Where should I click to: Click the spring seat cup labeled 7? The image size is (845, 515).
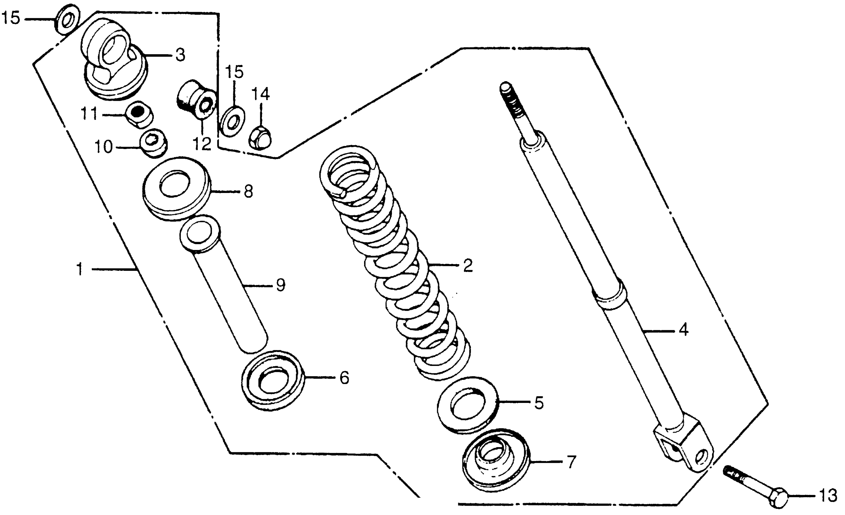click(495, 460)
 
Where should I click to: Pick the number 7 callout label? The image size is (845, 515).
click(570, 463)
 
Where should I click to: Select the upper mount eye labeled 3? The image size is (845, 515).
click(113, 58)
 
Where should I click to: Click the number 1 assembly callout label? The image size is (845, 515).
click(80, 269)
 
